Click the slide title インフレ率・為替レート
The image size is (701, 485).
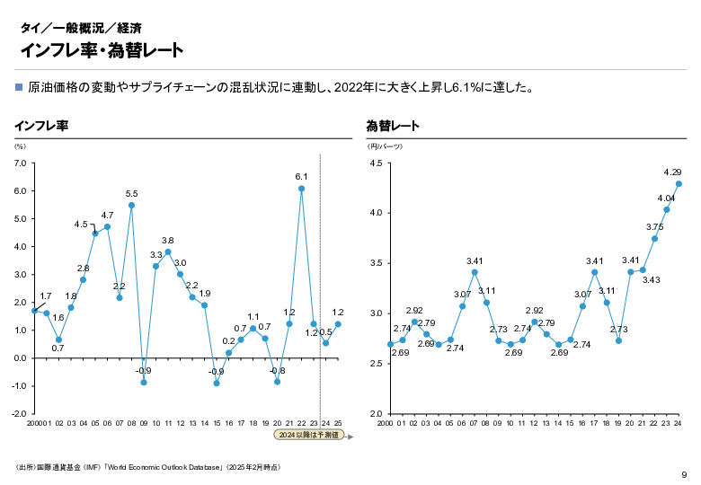coord(102,49)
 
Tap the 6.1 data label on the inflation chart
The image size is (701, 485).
coord(301,177)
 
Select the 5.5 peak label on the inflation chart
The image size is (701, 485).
coord(131,193)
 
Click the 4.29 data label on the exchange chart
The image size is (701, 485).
coord(672,172)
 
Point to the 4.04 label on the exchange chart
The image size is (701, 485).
coord(666,198)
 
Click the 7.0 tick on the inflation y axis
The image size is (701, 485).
coord(20,163)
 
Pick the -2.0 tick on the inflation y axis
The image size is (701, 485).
coord(19,414)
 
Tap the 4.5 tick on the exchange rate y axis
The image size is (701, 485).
coord(376,163)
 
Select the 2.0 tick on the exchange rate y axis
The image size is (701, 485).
coord(376,414)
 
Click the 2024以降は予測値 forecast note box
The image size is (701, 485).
coord(308,436)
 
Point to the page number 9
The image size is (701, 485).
coord(684,474)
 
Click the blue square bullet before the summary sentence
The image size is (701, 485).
coord(19,88)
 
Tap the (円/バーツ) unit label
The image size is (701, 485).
coord(385,145)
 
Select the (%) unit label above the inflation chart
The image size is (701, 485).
coord(20,145)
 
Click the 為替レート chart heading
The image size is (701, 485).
coord(392,126)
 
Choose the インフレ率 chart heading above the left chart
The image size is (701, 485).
coord(41,126)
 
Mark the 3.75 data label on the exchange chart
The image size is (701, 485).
coord(654,226)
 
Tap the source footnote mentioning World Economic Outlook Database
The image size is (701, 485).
coord(148,467)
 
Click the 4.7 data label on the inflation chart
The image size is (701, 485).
coord(107,216)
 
